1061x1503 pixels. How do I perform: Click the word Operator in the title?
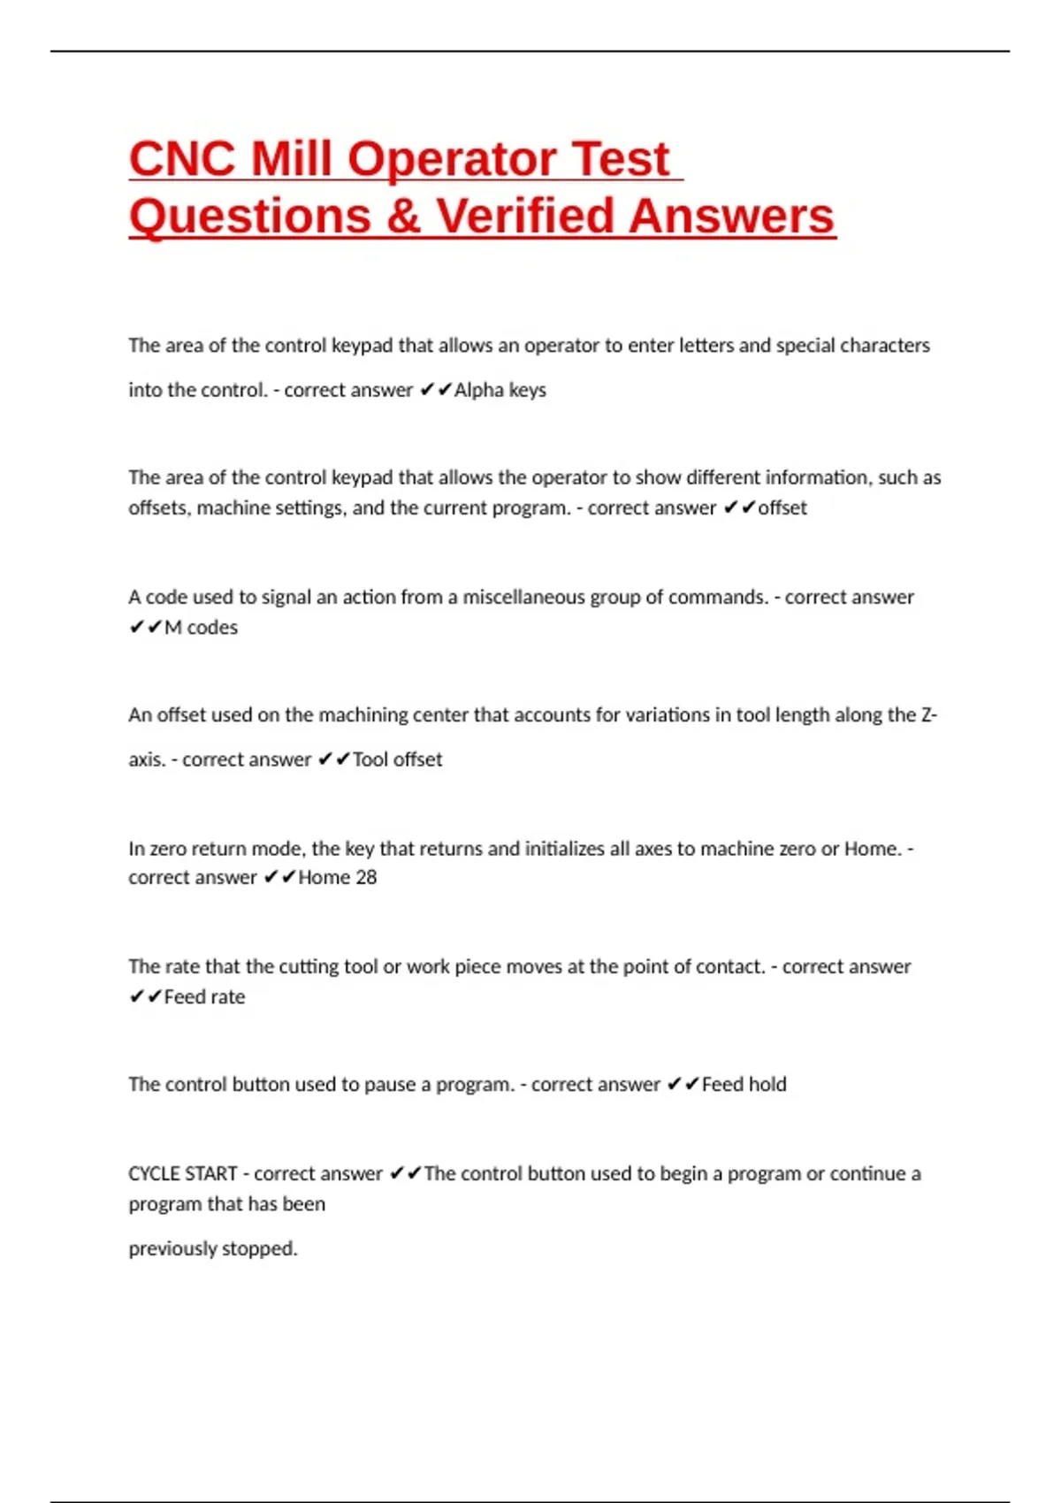(x=452, y=159)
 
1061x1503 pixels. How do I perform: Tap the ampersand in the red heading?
(x=403, y=217)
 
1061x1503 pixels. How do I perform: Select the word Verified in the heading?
(x=524, y=217)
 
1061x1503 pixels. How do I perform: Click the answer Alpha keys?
(x=500, y=390)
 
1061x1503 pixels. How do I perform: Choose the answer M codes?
(x=201, y=628)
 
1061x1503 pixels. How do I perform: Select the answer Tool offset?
(x=397, y=759)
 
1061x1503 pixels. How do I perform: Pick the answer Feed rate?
(x=204, y=996)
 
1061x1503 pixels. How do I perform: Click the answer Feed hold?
(x=744, y=1084)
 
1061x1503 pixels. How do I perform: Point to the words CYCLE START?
(x=183, y=1173)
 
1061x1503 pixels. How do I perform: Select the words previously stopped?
(x=212, y=1248)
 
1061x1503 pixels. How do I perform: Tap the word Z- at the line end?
(x=928, y=714)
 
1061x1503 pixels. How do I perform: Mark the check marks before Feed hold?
(x=683, y=1084)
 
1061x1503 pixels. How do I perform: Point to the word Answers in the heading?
(x=733, y=217)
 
